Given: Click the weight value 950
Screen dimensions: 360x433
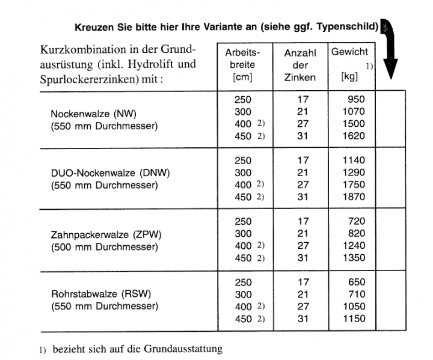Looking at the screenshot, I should click(x=355, y=99).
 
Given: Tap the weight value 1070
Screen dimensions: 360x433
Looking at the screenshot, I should click(x=353, y=111).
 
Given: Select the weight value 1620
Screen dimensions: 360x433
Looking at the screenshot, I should click(x=353, y=136).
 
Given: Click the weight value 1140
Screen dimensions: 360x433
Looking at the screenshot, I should click(x=353, y=160).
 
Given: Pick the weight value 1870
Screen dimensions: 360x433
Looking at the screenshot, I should click(x=353, y=197).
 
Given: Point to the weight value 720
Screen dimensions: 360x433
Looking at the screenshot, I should click(x=356, y=221).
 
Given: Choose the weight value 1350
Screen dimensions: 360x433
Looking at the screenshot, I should click(x=353, y=258).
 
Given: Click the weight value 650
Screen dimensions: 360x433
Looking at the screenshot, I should click(x=356, y=282).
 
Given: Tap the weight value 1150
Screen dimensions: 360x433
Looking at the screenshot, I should click(x=353, y=319).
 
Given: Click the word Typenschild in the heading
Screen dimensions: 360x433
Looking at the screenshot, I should click(x=352, y=26).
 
